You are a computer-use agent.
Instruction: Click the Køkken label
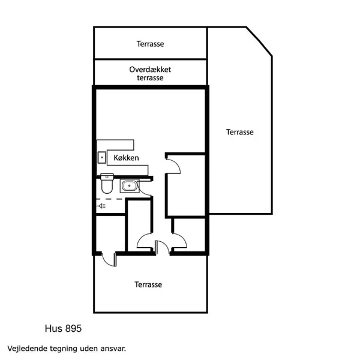point(127,158)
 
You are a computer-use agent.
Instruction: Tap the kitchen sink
point(101,158)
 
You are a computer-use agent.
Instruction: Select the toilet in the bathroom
point(107,184)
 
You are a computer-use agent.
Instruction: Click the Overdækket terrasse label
point(150,74)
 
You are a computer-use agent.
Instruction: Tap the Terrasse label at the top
point(150,44)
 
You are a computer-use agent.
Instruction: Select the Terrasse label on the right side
point(240,132)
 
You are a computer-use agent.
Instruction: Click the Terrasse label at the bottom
point(148,284)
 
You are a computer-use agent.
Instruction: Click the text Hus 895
point(63,329)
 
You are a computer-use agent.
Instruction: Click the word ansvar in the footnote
point(112,348)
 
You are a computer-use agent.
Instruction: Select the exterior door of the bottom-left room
point(107,259)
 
